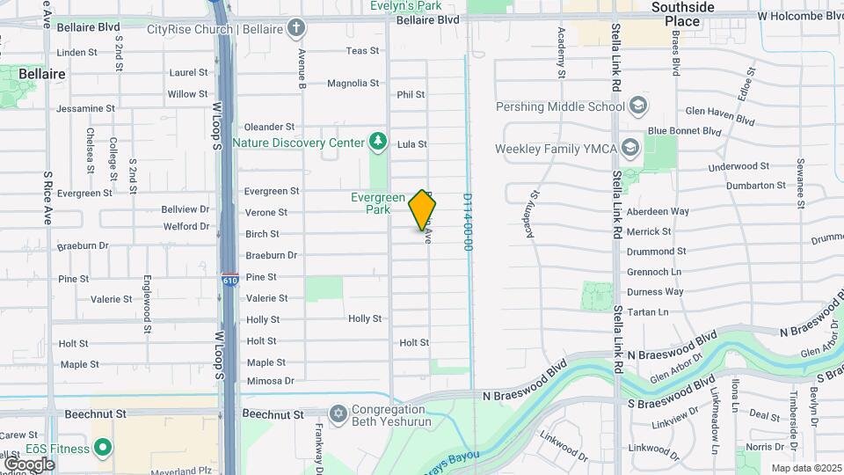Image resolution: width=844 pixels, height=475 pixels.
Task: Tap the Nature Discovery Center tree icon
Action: coord(378,142)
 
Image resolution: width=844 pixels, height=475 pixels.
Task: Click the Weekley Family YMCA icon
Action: coord(629,148)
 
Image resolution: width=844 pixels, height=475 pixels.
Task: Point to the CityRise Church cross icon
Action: coord(298,29)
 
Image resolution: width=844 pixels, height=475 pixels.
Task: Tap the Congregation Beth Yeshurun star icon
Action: coord(338,413)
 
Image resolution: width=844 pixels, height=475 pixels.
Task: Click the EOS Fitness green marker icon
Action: coord(102,449)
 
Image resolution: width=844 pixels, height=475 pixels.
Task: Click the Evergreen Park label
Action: coord(377,203)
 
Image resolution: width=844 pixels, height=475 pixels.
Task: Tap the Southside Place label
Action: coord(682,13)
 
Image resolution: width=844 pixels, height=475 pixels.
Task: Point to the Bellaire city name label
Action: coord(41,75)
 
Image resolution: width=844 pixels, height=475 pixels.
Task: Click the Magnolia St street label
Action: coord(353,84)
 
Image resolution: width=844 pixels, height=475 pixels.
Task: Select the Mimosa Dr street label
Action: coord(270,381)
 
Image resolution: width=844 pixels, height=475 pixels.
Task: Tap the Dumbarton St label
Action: coord(755,186)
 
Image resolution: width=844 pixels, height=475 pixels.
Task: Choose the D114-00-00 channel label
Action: coord(469,223)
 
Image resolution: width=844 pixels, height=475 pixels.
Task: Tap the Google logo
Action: coord(29,464)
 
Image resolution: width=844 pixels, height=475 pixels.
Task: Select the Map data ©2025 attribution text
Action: coord(805,468)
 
